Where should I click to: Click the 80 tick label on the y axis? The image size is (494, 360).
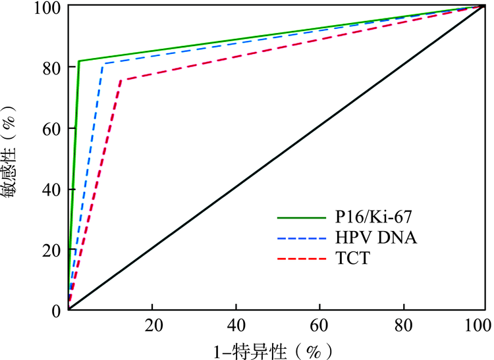52,67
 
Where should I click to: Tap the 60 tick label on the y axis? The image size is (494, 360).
52,128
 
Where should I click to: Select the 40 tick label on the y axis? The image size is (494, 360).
52,189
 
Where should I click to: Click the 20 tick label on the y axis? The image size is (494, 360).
52,249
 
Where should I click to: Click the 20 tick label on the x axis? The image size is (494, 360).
152,325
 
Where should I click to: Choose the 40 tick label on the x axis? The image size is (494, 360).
236,325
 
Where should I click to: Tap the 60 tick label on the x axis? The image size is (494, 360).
319,325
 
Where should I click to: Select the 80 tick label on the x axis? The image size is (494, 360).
403,325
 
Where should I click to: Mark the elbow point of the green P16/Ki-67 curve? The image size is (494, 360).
79,61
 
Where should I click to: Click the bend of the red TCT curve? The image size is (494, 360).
120,80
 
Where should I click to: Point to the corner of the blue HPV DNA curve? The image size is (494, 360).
102,64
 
